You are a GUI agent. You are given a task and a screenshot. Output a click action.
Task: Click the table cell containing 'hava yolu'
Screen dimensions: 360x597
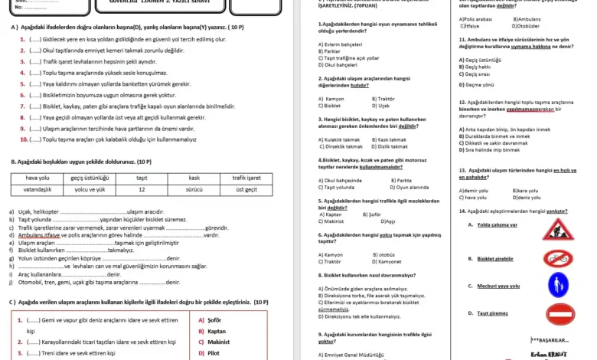tap(37, 178)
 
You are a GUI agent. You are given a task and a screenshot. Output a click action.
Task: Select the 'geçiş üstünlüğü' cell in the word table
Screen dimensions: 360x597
tap(90, 178)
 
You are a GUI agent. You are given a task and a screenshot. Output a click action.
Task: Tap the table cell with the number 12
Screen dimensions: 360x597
tap(142, 188)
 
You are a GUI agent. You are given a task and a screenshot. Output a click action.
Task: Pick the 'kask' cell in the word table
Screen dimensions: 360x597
tap(194, 178)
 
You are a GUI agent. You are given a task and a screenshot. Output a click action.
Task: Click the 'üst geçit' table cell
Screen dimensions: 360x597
tap(246, 188)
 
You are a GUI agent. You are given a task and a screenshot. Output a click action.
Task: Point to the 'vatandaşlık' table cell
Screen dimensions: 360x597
tap(37, 188)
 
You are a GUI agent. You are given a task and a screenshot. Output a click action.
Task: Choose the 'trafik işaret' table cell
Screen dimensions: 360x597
tap(246, 178)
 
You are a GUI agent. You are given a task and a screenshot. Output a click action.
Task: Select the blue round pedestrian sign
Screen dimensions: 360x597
tap(558, 285)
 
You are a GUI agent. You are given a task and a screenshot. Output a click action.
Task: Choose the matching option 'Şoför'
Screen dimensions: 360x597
tap(214, 320)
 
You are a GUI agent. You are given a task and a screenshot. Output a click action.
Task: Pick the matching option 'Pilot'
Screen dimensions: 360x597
tap(214, 353)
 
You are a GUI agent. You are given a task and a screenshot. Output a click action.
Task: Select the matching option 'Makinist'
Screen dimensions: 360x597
tap(218, 342)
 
